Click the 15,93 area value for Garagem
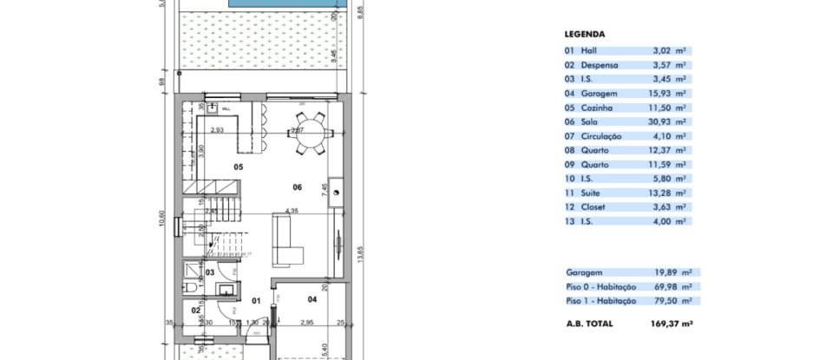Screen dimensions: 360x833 663,93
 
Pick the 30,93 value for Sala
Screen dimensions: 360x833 663,121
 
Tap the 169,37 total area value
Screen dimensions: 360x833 665,324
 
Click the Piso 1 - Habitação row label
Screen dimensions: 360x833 600,300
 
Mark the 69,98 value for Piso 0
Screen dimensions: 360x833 664,286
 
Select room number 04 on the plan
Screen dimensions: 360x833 312,300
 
